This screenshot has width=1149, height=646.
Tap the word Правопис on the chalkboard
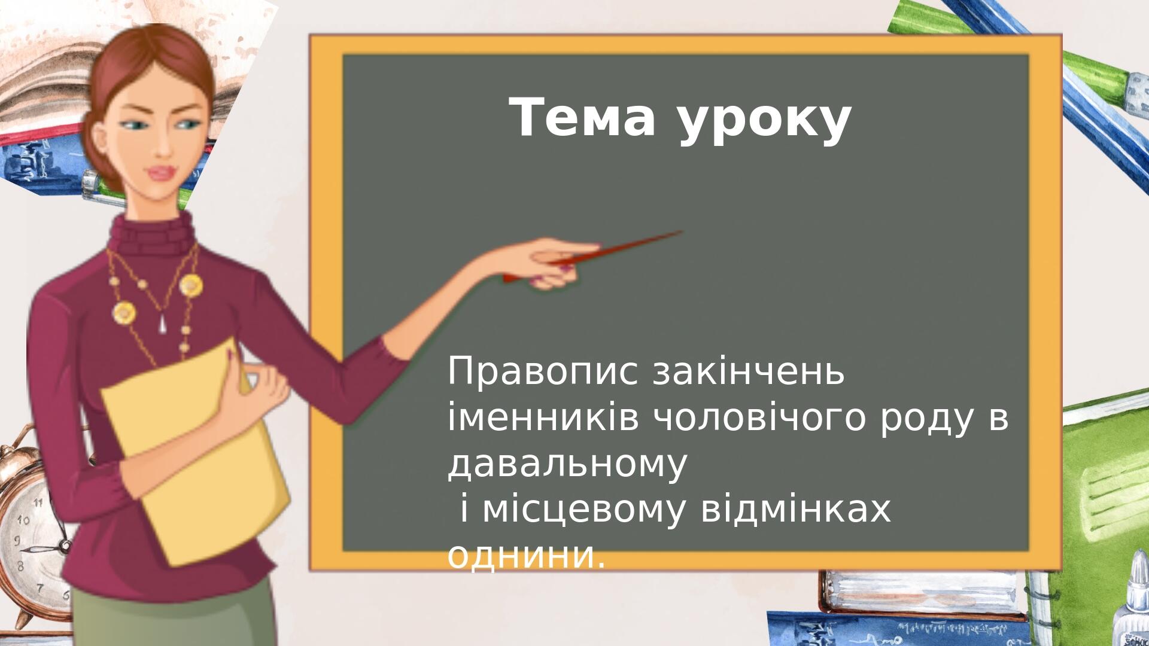click(542, 373)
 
